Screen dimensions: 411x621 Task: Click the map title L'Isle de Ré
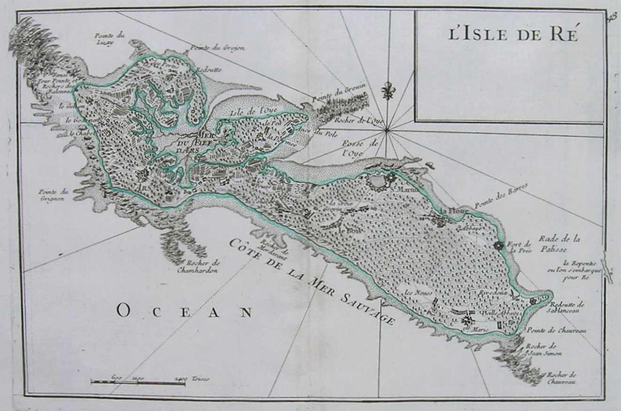[x=513, y=35]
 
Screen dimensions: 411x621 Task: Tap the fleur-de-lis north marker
[x=387, y=91]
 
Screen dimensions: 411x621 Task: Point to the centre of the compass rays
[x=387, y=130]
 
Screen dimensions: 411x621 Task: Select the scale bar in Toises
[x=138, y=382]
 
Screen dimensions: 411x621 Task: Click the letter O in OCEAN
[x=123, y=311]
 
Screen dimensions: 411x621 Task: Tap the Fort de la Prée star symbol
[x=498, y=246]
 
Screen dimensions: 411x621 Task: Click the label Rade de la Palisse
[x=559, y=244]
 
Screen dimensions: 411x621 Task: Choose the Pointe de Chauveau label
[x=557, y=330]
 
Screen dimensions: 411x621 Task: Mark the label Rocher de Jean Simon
[x=543, y=350]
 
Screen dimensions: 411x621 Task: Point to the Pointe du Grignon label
[x=54, y=195]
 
